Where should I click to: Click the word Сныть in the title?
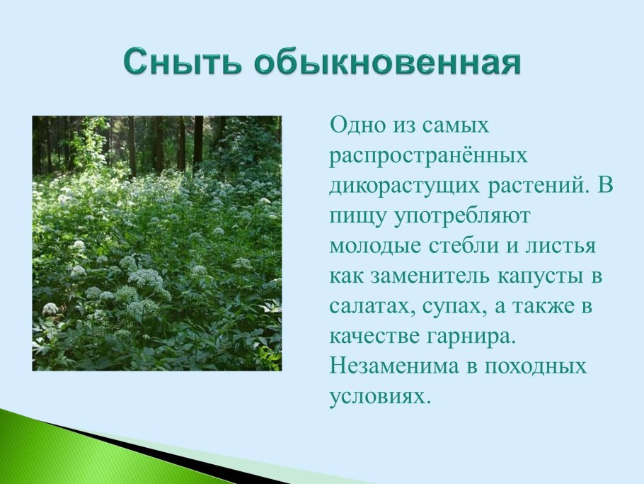coord(183,62)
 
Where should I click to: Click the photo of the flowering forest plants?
coord(156,243)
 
